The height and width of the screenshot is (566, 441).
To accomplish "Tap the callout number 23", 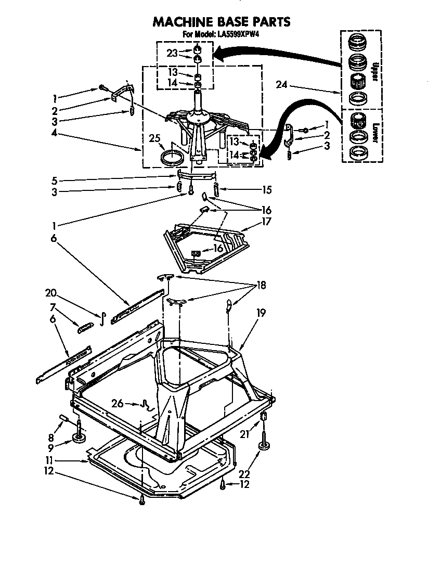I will pyautogui.click(x=172, y=53).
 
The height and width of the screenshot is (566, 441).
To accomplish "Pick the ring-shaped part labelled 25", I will pyautogui.click(x=173, y=157).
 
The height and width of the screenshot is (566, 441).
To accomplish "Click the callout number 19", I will pyautogui.click(x=261, y=313).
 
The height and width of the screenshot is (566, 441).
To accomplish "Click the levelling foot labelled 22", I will pyautogui.click(x=263, y=446).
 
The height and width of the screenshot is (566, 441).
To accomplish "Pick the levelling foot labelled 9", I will pyautogui.click(x=80, y=438).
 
